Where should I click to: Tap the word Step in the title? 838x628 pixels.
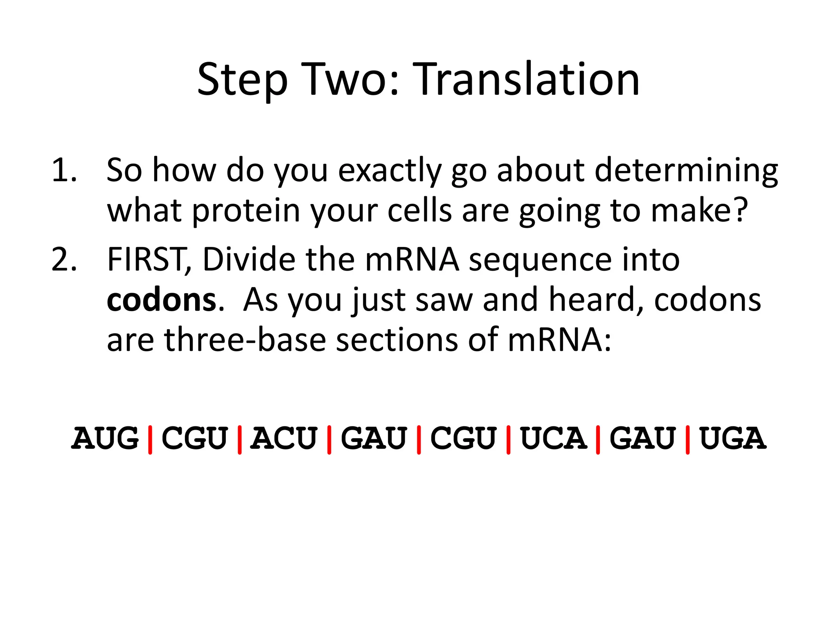242,80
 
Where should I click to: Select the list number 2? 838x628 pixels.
65,260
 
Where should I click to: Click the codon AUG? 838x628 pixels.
105,438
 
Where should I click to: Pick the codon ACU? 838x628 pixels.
284,438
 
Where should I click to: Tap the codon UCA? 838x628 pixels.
553,438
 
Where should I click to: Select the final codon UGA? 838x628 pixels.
732,438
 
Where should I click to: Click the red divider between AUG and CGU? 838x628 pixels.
150,440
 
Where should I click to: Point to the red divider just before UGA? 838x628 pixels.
687,440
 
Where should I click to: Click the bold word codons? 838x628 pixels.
161,301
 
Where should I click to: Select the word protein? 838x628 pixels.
246,211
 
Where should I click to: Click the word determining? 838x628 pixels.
686,170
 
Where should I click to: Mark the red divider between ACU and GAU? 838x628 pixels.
329,440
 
